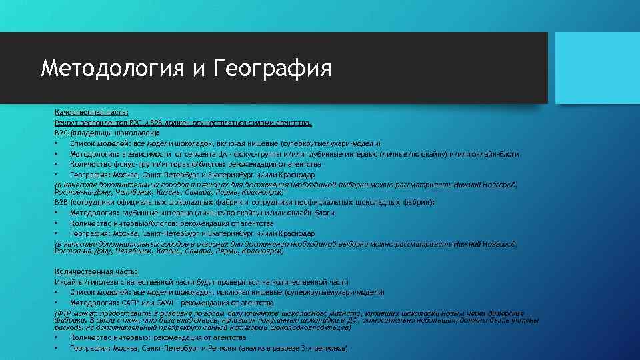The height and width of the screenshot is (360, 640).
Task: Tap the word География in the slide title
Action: click(x=273, y=68)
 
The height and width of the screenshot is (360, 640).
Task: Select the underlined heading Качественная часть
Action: click(x=91, y=113)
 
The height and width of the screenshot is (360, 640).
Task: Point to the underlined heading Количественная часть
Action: click(x=96, y=272)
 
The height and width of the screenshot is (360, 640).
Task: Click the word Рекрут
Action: click(x=65, y=123)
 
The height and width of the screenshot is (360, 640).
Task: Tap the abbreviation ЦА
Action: click(x=221, y=154)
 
